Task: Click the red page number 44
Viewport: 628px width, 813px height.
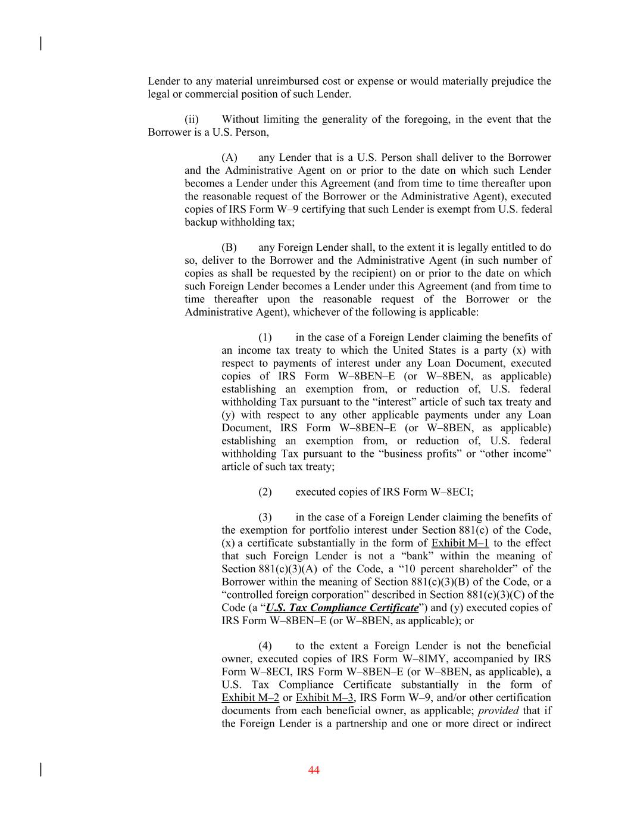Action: click(x=314, y=770)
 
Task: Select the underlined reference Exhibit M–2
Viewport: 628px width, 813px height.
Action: click(x=250, y=698)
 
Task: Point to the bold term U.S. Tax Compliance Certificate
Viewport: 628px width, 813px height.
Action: click(x=342, y=608)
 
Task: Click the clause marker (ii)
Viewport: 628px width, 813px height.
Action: click(x=192, y=120)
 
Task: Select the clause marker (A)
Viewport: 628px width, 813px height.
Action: click(x=229, y=158)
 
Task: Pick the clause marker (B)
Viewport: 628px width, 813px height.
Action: click(x=229, y=248)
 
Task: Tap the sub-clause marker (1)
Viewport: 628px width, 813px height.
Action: click(x=265, y=338)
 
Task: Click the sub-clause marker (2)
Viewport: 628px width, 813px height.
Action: click(x=265, y=492)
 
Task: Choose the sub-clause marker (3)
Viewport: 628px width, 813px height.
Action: click(x=265, y=518)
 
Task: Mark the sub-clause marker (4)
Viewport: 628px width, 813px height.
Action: click(x=265, y=646)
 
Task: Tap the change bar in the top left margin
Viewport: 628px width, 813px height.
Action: click(x=40, y=43)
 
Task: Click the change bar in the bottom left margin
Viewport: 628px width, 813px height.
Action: click(x=40, y=770)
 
